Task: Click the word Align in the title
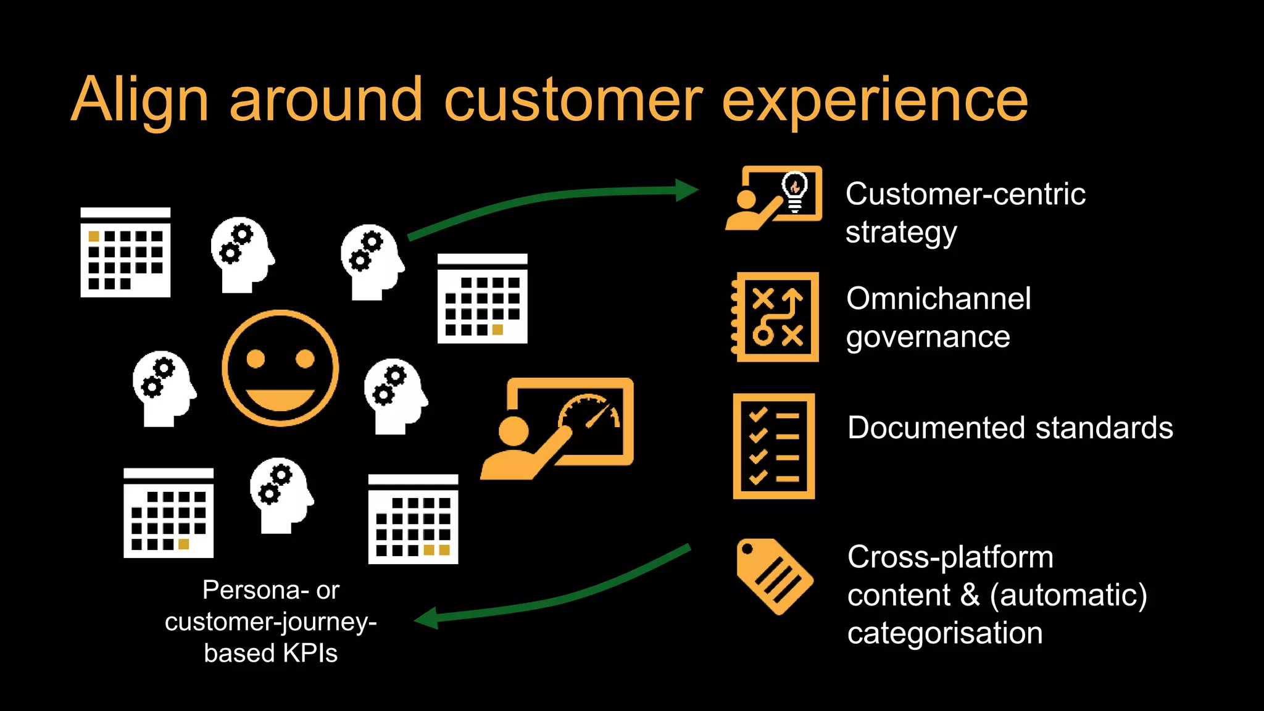click(139, 101)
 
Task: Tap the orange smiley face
click(280, 368)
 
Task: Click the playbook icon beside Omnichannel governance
click(776, 317)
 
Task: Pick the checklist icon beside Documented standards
click(774, 446)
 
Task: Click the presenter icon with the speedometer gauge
click(558, 428)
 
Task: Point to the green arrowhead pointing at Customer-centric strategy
click(687, 190)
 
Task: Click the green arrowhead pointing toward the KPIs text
click(426, 618)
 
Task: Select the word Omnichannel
click(938, 299)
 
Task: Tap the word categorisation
click(944, 633)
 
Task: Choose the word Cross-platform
click(950, 557)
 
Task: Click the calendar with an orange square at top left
click(125, 252)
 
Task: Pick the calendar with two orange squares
click(413, 519)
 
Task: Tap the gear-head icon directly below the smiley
click(281, 495)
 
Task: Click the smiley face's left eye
click(256, 358)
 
